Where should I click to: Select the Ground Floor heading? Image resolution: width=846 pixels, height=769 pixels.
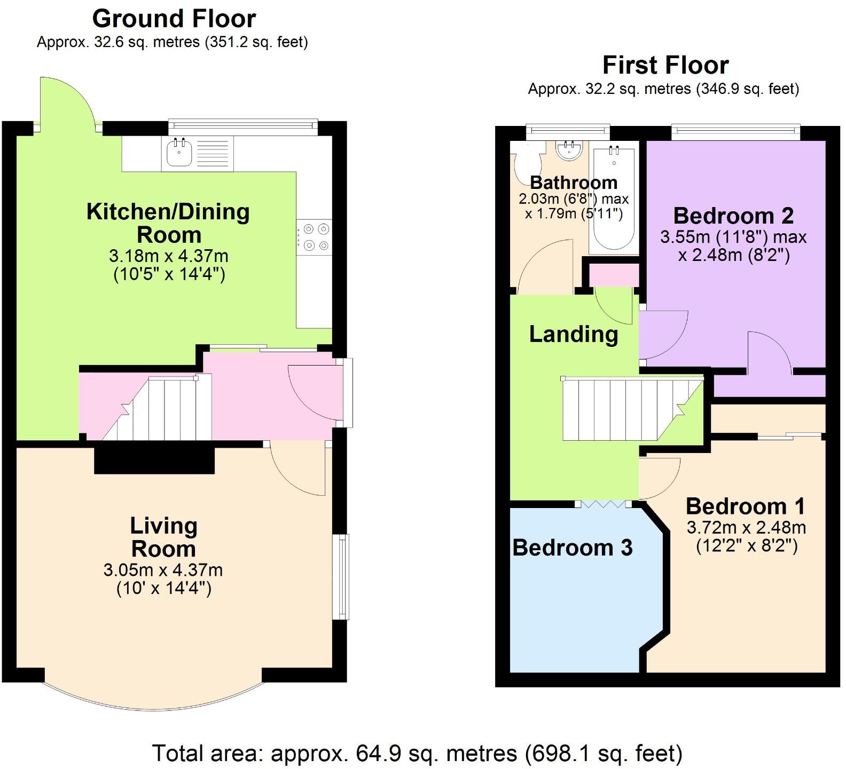coord(174,19)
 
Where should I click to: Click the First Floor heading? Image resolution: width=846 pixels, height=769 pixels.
coord(665,65)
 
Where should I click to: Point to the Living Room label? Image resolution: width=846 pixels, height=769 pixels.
coord(163,537)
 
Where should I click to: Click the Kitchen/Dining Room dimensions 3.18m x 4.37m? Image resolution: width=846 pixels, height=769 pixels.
coord(169,256)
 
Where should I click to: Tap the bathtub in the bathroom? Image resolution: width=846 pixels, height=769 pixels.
coord(614,197)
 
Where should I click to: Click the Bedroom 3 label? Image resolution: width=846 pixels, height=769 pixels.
coord(573,548)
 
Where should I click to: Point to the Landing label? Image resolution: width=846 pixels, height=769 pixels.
coord(574,335)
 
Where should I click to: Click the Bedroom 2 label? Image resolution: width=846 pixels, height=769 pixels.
coord(733,216)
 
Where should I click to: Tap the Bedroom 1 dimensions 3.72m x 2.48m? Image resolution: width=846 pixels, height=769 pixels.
coord(746,528)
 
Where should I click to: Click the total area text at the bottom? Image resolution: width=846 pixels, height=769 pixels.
coord(417,754)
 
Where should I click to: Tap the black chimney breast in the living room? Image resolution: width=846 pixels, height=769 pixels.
coord(154,460)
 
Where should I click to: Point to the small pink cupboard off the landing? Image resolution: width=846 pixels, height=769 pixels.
coord(614,275)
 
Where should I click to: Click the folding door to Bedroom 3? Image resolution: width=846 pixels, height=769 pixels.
coord(603,503)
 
